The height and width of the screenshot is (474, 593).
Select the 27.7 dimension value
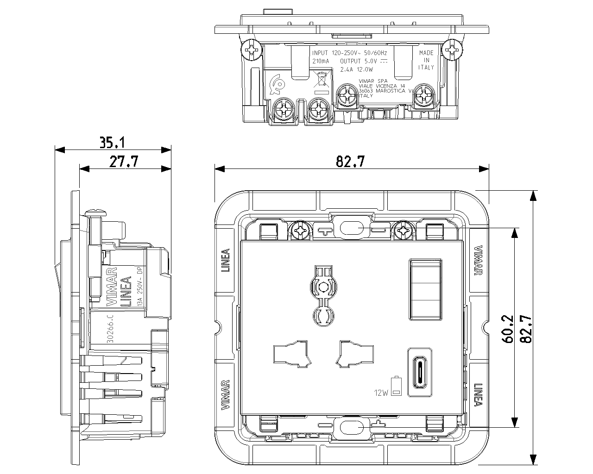tap(124, 162)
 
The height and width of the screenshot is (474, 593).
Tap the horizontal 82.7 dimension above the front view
tap(350, 162)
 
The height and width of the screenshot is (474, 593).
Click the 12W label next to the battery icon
tap(382, 393)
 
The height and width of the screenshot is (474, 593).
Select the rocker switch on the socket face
tap(425, 289)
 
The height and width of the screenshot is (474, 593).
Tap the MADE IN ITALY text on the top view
tap(426, 60)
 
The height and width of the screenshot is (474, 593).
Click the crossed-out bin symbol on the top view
tap(321, 80)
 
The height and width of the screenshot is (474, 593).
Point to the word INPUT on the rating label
tap(320, 53)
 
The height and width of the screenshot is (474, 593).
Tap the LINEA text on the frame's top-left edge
tap(226, 261)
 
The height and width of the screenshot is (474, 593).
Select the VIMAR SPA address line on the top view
tap(373, 81)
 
